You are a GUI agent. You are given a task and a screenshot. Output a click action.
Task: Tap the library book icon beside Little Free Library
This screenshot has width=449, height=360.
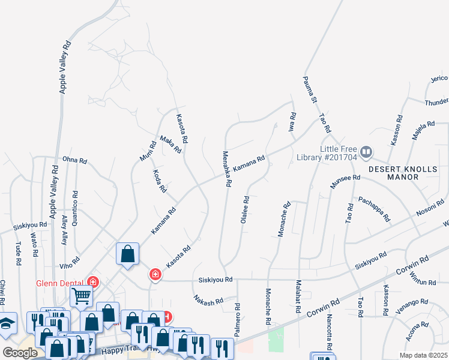click(367, 152)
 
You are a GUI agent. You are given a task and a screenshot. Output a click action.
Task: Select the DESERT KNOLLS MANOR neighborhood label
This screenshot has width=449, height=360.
click(403, 173)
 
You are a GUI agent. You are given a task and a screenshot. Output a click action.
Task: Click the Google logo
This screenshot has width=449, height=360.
click(20, 353)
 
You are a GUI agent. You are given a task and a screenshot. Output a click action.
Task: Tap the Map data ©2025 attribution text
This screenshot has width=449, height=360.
click(424, 355)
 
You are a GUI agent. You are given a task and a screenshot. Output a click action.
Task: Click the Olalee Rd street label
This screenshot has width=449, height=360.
click(245, 210)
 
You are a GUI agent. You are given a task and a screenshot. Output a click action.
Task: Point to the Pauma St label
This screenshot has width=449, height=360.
click(310, 89)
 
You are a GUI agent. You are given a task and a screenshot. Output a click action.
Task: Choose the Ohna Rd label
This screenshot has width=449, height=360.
click(75, 161)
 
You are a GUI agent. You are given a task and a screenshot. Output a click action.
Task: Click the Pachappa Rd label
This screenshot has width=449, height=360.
click(373, 208)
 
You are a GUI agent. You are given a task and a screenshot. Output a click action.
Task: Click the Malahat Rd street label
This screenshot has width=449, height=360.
click(298, 297)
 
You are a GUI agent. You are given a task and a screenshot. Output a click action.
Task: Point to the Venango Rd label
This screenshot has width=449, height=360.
click(412, 307)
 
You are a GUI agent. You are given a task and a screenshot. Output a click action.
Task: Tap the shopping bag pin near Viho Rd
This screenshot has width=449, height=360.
click(128, 254)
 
